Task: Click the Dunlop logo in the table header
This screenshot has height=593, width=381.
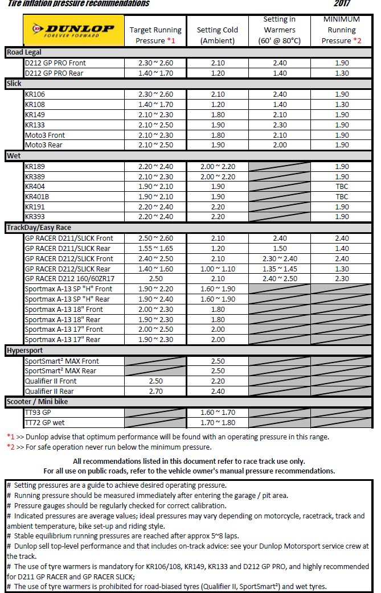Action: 73,30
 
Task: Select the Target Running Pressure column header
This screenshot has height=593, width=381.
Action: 155,35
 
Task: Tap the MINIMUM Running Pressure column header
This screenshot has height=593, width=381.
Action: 342,30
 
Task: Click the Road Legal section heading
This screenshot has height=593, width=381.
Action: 24,52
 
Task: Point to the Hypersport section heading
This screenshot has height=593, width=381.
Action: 25,351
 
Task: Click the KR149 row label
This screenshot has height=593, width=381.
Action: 35,114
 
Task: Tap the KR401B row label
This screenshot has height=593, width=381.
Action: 38,196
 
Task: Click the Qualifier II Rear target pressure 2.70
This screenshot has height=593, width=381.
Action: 155,392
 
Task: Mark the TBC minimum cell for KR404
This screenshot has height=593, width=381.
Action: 342,187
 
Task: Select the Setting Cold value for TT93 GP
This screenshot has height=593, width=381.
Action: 218,413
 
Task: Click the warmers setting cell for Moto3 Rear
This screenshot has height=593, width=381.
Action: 280,145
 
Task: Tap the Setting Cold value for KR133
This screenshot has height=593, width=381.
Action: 218,125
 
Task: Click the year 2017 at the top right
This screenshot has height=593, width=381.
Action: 342,4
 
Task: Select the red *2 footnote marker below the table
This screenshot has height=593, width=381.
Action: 11,447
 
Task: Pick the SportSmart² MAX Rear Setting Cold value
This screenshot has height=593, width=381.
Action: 218,371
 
